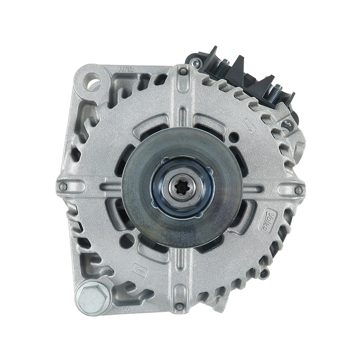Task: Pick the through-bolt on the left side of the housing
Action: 64,186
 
